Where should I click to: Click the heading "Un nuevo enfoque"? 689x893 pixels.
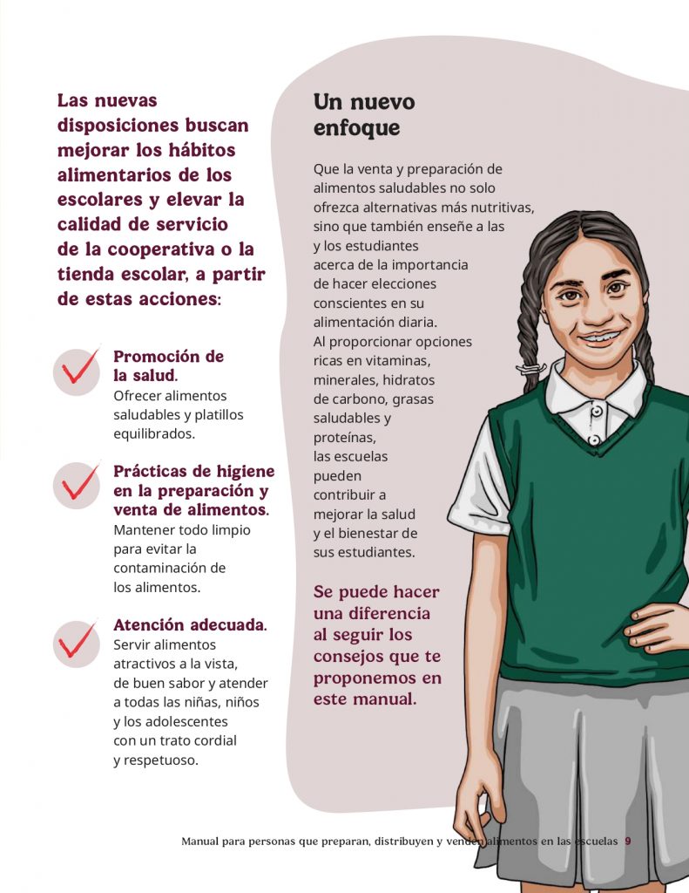(x=364, y=115)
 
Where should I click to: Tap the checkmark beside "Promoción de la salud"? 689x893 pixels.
(x=77, y=371)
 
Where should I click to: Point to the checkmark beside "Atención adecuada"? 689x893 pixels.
(x=77, y=643)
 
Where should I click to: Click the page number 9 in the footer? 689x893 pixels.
(x=627, y=842)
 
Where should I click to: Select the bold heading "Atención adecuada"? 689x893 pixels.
(x=188, y=625)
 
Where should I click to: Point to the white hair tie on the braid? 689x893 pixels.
(x=530, y=370)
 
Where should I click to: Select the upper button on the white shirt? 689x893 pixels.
(x=597, y=410)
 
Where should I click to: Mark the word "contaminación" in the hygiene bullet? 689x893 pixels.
(x=169, y=568)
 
